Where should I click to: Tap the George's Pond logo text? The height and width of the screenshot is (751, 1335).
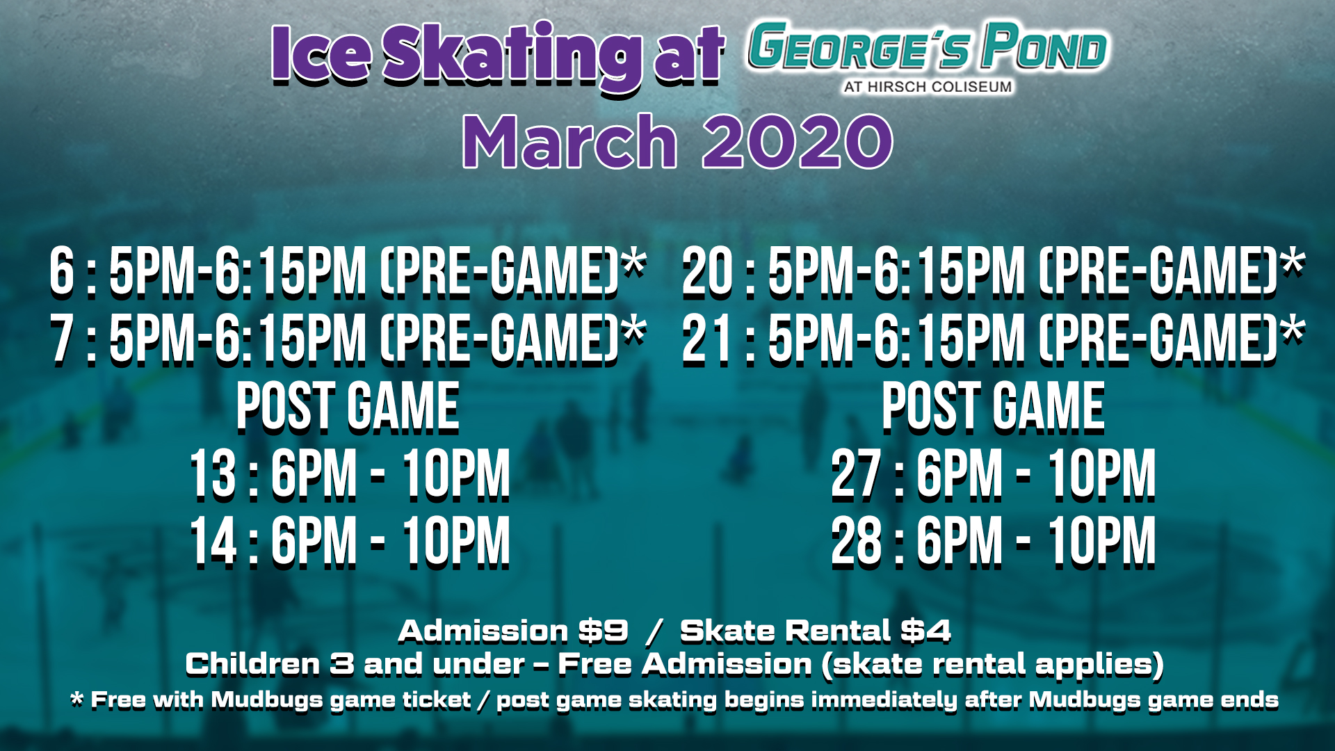(x=927, y=47)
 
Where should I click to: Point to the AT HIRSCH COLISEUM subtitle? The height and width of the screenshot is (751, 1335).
(x=928, y=87)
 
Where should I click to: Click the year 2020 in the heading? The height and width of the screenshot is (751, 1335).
(x=798, y=141)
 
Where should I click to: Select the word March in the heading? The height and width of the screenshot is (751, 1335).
(x=569, y=141)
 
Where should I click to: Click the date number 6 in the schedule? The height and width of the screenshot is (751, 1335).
(x=61, y=271)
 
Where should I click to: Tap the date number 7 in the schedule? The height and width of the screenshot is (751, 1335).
(x=61, y=339)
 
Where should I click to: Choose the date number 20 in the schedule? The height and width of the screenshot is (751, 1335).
(x=706, y=271)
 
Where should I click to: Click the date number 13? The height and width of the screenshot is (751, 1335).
(x=213, y=474)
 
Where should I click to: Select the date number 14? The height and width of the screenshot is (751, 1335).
(x=213, y=542)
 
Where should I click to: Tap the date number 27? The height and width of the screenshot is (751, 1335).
(x=857, y=474)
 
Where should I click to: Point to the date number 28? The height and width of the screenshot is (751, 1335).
(x=857, y=542)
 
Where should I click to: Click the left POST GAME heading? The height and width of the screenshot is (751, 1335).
(x=348, y=407)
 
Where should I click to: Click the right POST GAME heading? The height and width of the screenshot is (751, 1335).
(x=993, y=407)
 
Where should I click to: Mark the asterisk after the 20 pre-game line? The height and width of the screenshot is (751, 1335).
(x=1293, y=263)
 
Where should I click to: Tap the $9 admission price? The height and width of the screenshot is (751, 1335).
(x=604, y=631)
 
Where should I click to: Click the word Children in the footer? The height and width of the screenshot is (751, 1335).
(x=252, y=664)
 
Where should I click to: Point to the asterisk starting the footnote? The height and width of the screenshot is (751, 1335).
(x=77, y=698)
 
